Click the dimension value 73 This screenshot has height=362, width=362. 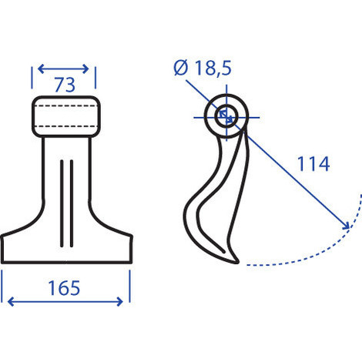point(65,85)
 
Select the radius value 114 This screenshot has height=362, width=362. point(313,163)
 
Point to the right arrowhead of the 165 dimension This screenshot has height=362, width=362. point(126,300)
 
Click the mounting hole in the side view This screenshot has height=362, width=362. point(225,116)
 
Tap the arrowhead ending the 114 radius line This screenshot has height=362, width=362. point(347,227)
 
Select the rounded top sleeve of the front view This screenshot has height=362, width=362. point(65,114)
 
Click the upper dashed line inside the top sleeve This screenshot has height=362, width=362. point(65,105)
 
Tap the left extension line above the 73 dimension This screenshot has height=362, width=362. point(32,77)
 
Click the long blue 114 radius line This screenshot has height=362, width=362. point(285,171)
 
